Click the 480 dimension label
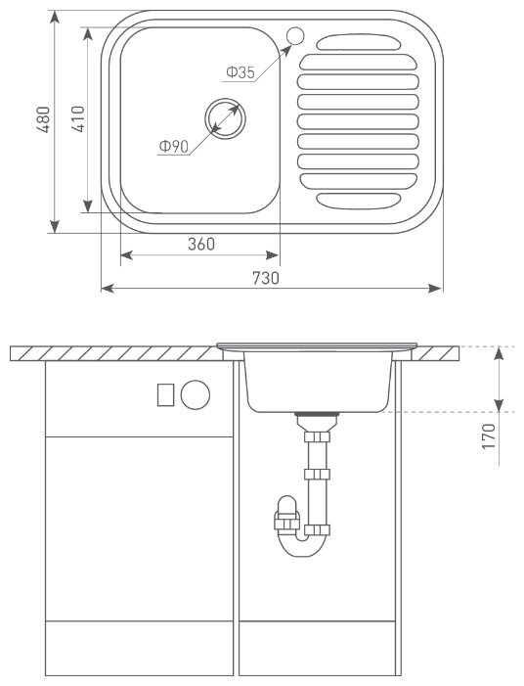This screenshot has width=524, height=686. point(44,119)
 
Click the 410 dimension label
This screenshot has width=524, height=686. point(78,119)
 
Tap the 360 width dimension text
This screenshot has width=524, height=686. point(201,244)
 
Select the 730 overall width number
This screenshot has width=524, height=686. point(265,278)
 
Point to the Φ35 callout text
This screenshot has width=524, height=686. point(240,72)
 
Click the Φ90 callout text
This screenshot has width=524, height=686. point(173,146)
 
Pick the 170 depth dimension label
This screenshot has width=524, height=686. point(489,435)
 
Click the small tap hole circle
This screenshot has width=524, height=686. point(295,35)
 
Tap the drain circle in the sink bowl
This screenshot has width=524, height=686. point(226,118)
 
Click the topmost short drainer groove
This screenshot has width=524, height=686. point(359,42)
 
